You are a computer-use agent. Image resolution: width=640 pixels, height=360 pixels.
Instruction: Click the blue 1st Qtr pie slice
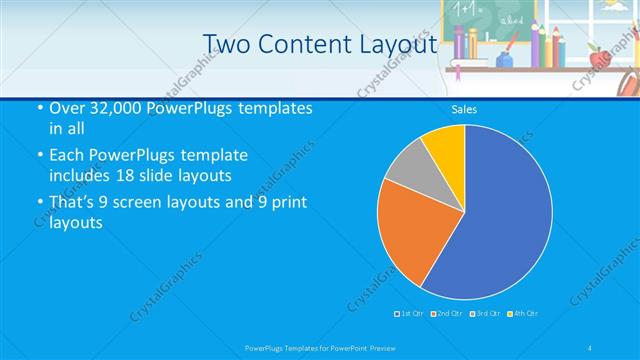[500, 220]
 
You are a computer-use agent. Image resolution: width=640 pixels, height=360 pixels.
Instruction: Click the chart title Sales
[464, 109]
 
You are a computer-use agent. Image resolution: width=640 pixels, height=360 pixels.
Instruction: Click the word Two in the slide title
[226, 45]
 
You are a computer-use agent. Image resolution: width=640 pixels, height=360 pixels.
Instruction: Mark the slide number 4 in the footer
[590, 347]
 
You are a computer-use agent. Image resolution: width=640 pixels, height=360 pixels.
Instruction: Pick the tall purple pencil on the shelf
[458, 44]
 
